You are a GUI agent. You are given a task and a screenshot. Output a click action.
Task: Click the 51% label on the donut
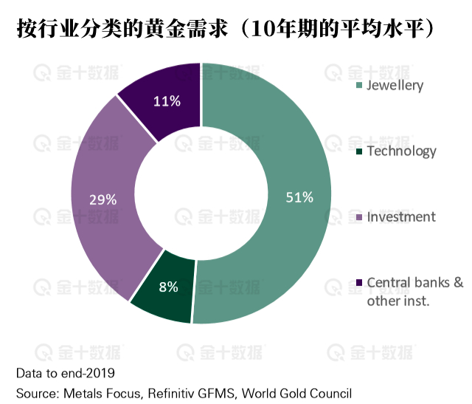pyautogui.click(x=300, y=197)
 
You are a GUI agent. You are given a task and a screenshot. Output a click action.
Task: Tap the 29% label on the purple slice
pyautogui.click(x=103, y=199)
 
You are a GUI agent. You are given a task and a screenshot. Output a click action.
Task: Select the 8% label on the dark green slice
pyautogui.click(x=168, y=287)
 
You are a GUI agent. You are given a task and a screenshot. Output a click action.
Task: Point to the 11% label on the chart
pyautogui.click(x=167, y=101)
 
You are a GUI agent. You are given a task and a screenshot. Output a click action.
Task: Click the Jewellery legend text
pyautogui.click(x=395, y=85)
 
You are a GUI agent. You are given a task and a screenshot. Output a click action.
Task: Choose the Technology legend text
pyautogui.click(x=401, y=151)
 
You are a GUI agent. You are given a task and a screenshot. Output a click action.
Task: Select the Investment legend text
pyautogui.click(x=401, y=217)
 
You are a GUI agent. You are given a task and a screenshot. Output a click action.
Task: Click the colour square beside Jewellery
pyautogui.click(x=359, y=86)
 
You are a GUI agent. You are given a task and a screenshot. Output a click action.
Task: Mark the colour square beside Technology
pyautogui.click(x=359, y=152)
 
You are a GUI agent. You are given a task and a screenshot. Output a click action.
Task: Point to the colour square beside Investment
pyautogui.click(x=359, y=218)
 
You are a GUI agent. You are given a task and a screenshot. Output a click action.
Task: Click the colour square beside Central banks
pyautogui.click(x=359, y=283)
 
